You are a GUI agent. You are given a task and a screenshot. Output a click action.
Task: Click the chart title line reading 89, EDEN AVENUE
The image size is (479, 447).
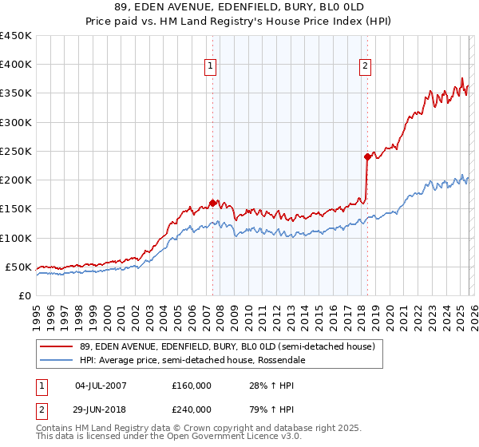(x=239, y=6)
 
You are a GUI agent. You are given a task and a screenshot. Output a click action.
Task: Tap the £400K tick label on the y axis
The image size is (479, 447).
(x=16, y=65)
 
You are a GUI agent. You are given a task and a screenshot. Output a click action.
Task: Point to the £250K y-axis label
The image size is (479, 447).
(x=16, y=151)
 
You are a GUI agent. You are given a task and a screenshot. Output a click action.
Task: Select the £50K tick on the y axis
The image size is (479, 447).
(x=19, y=267)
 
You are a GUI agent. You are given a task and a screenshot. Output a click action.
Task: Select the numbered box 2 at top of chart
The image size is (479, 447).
(x=365, y=67)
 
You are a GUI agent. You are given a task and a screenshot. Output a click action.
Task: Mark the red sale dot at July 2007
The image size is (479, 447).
(x=212, y=203)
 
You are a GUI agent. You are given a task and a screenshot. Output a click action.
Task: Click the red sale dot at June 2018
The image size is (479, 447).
(x=367, y=156)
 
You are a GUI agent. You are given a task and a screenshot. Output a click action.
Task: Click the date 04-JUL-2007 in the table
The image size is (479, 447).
(x=100, y=386)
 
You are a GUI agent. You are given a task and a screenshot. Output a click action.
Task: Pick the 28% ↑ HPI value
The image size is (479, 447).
(x=259, y=386)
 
